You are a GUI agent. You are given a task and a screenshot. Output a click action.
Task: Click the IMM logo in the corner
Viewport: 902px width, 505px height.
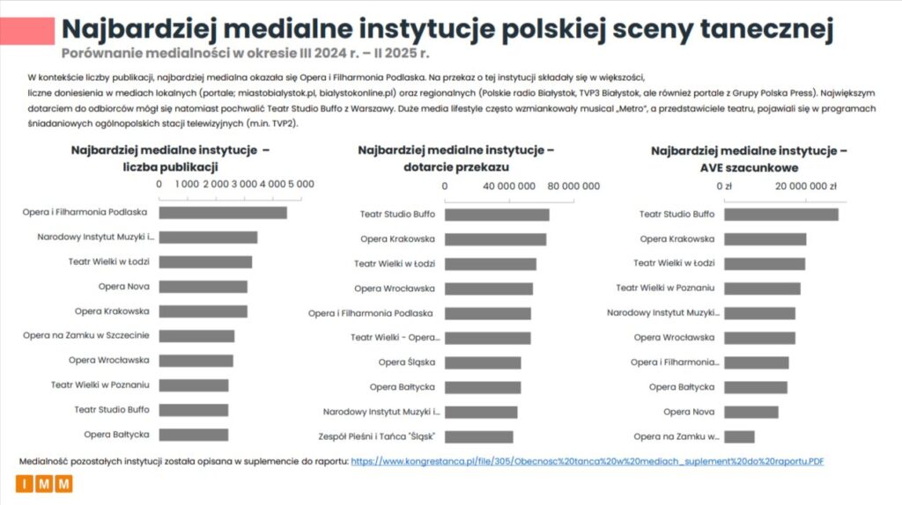tap(43, 484)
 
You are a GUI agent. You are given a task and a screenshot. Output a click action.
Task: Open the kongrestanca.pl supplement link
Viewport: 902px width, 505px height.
tap(587, 461)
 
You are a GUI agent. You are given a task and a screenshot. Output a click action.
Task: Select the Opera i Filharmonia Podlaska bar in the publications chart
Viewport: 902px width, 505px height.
tap(223, 212)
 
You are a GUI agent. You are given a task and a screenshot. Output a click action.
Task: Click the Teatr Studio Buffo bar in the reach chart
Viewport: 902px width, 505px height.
tap(497, 215)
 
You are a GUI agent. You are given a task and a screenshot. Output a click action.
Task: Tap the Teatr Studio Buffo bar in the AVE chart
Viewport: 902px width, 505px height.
tap(780, 215)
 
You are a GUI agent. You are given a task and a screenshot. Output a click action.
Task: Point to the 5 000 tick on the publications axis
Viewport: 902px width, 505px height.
tap(300, 184)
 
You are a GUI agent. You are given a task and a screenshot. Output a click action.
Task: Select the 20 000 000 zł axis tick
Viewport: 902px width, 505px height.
tap(806, 186)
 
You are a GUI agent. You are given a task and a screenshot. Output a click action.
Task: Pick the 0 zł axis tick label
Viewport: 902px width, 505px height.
tap(724, 186)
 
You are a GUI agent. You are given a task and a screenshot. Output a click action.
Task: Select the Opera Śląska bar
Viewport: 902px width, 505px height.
tap(483, 362)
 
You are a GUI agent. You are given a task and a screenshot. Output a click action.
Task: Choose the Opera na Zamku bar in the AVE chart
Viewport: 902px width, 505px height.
tap(739, 436)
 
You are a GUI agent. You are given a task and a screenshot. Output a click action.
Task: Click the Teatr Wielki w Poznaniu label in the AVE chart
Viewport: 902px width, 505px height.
tap(665, 288)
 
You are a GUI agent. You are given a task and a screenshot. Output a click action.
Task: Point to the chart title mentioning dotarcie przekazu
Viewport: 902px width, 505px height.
tap(455, 158)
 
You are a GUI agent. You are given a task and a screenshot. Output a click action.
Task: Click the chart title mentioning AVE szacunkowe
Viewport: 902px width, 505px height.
tap(749, 158)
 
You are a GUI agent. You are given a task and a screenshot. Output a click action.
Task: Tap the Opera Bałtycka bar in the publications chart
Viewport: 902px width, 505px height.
tap(193, 435)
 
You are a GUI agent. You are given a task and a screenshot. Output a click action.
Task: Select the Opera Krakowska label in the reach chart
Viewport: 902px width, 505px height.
tap(397, 238)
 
